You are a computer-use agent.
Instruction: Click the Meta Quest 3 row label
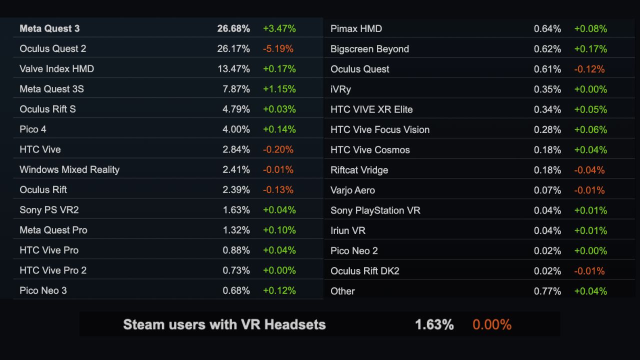click(49, 28)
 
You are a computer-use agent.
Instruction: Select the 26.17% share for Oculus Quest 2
click(233, 48)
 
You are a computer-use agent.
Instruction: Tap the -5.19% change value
click(278, 48)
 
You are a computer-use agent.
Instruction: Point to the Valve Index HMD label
click(56, 68)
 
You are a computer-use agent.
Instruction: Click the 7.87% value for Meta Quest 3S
click(236, 89)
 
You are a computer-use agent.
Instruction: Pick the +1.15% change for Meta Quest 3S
click(279, 89)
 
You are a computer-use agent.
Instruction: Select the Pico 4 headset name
click(33, 129)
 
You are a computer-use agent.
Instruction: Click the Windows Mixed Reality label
click(69, 169)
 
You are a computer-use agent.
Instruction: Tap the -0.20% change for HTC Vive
click(278, 149)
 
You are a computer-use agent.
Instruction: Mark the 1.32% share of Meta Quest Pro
click(236, 230)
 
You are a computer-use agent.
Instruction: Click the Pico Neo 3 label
click(43, 290)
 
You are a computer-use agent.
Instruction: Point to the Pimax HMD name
click(356, 28)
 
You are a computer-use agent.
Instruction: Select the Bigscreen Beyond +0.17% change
click(590, 49)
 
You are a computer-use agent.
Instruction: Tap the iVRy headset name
click(340, 89)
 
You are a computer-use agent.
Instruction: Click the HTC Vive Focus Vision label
click(380, 129)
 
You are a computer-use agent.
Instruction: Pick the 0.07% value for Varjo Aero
click(547, 190)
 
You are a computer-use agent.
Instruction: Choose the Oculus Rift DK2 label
click(364, 271)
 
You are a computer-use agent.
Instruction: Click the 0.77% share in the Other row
click(547, 291)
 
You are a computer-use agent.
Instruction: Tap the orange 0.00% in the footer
click(491, 325)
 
